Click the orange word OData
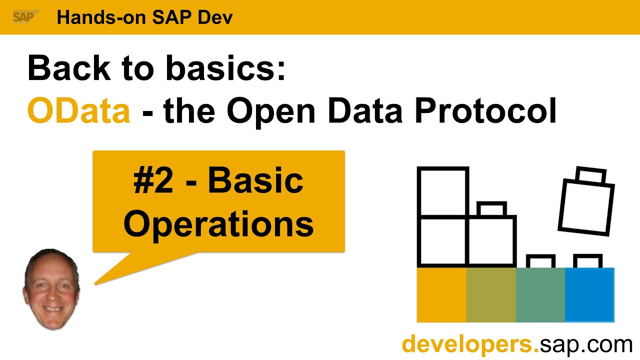click(x=78, y=110)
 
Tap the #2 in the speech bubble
click(x=153, y=180)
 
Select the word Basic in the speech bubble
click(x=255, y=180)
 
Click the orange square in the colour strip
click(x=441, y=295)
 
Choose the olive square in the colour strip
click(x=490, y=295)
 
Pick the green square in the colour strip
click(x=540, y=295)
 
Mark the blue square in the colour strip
click(x=589, y=295)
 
